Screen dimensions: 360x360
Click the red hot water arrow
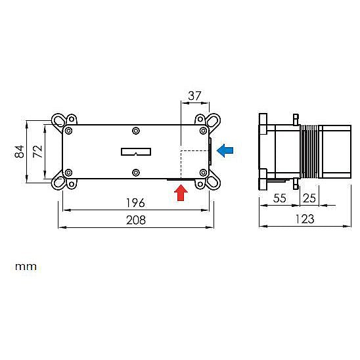point(181,193)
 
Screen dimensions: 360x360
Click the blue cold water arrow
point(225,150)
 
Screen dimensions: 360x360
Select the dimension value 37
point(194,96)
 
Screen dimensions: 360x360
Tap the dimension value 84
point(19,151)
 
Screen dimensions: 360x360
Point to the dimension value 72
point(37,151)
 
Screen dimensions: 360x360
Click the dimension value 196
point(136,203)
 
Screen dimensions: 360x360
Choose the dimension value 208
point(136,220)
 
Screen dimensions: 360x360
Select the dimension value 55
point(280,198)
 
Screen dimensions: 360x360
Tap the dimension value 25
point(309,198)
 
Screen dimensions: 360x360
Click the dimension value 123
point(305,219)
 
